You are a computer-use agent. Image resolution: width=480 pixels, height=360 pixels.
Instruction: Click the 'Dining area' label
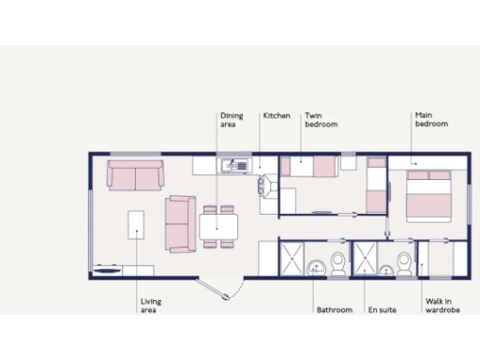point(232,120)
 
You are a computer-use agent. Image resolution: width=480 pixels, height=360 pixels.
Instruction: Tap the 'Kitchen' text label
point(277,116)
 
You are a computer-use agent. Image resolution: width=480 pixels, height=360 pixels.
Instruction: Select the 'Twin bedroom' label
point(320,120)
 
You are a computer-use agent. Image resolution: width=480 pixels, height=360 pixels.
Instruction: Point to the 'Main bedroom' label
point(431,119)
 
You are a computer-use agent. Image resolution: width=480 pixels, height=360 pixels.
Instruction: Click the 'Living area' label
point(150,306)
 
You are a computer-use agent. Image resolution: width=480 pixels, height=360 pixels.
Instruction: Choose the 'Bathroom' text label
point(334,310)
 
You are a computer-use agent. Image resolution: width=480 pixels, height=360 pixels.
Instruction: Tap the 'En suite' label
point(382,310)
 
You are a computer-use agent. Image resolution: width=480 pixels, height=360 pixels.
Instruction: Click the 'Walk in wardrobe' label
point(442,306)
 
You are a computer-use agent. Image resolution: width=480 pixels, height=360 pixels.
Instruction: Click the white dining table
point(218,226)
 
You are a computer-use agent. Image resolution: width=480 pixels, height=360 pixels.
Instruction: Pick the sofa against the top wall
point(135,174)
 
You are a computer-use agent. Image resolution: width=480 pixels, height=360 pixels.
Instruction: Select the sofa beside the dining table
point(180,224)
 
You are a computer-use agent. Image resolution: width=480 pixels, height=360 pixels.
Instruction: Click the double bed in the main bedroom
point(430,195)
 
